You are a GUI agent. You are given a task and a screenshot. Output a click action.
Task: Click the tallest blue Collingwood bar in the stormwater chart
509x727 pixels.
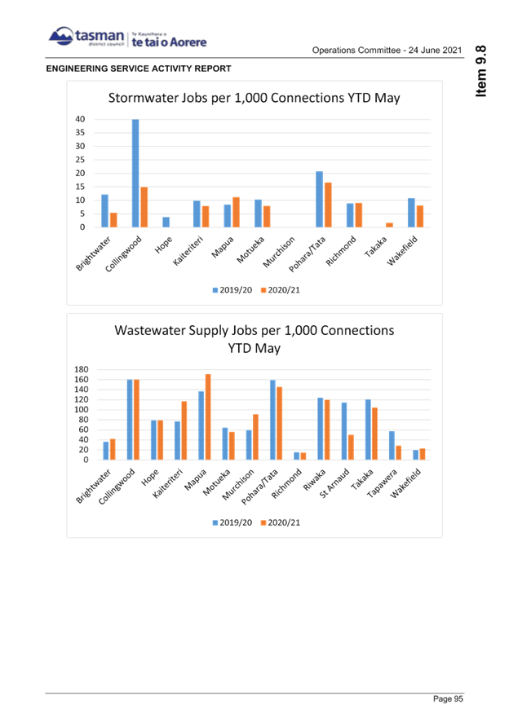coord(135,174)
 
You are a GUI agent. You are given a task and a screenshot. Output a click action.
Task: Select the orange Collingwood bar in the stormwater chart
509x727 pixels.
coord(144,207)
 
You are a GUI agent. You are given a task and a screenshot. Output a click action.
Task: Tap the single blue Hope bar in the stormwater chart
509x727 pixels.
coord(166,222)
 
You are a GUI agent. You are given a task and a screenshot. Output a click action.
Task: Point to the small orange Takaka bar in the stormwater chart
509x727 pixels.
coord(390,225)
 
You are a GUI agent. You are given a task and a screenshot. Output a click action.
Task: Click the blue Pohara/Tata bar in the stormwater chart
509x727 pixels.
coord(319,200)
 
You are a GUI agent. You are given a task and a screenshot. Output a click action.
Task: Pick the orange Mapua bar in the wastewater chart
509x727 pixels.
coord(208,416)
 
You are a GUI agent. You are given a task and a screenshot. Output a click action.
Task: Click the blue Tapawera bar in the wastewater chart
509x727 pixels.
coord(391,446)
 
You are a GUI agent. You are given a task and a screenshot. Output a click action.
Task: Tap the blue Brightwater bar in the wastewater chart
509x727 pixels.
coord(105,450)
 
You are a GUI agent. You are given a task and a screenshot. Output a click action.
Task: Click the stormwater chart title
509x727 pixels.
coord(254,98)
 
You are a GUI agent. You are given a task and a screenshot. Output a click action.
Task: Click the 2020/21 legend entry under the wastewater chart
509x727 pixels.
coord(280,522)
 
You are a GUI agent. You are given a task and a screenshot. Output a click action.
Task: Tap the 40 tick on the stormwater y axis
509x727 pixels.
coord(81,119)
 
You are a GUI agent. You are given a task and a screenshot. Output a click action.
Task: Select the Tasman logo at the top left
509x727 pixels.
coord(86,37)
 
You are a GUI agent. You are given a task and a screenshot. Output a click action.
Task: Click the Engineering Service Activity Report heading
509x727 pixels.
coord(138,68)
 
